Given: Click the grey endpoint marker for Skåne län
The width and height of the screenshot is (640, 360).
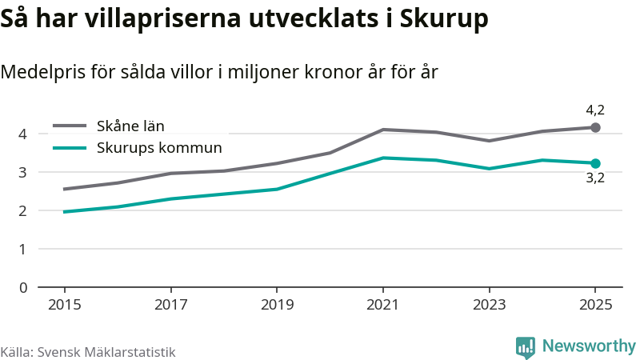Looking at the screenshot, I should coord(595,127).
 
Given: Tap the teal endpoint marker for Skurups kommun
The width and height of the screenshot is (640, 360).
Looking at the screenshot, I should coord(595,163).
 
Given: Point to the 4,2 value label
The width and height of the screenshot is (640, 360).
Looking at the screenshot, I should coord(595,110).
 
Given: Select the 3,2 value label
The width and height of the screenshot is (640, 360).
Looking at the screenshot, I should coord(595,179).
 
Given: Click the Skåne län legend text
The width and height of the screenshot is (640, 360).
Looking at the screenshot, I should coord(130,126).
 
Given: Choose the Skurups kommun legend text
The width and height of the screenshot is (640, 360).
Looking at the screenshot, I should coord(159,147).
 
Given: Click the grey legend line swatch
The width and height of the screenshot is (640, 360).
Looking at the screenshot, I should coord(69,126).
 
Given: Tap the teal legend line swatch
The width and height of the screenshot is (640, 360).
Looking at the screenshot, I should coord(69,147).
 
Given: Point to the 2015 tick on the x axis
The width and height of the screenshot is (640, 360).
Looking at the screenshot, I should coord(64,305).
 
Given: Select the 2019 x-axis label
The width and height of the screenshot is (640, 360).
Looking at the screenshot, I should coord(276,305).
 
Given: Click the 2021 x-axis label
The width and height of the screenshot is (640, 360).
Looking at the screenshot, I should coord(383,305).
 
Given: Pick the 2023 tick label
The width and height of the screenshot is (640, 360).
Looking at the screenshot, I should coord(490,305).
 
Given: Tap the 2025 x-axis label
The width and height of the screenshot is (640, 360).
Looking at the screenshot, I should coord(595,305).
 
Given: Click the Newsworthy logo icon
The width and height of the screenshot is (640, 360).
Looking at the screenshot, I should coord(526,346).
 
